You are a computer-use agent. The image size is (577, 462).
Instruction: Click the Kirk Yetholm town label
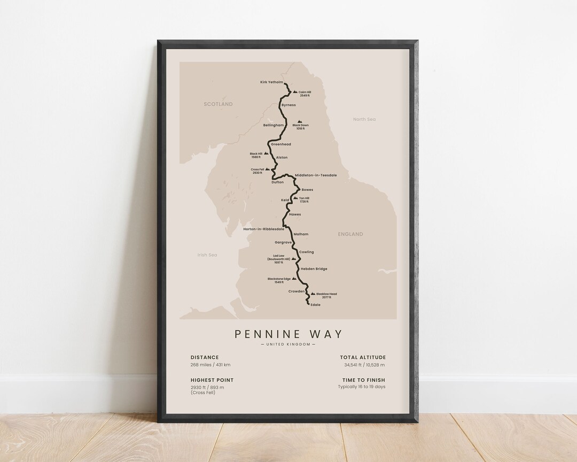271,82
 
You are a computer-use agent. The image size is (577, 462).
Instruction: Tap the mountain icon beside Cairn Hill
294,92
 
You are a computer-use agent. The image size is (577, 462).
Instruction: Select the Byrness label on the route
288,105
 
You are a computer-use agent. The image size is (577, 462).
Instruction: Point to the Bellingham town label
274,125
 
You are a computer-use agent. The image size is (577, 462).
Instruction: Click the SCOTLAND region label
218,104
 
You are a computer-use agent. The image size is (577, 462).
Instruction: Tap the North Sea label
364,119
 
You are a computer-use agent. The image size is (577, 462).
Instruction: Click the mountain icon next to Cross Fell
268,170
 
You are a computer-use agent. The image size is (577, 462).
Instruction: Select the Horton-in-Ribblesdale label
263,229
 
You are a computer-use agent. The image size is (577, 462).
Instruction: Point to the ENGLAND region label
350,234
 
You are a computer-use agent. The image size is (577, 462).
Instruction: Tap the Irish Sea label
207,255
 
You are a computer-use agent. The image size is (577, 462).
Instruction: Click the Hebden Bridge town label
314,269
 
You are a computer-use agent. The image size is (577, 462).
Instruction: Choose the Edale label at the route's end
315,305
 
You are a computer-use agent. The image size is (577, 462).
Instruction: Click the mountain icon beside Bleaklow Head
313,294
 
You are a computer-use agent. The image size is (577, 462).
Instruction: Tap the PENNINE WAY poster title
288,334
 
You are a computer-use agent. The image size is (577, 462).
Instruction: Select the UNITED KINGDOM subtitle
288,344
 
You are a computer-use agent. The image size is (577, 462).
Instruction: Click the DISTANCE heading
205,357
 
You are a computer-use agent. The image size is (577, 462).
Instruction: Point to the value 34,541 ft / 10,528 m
365,365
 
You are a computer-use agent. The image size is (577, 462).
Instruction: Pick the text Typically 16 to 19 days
362,387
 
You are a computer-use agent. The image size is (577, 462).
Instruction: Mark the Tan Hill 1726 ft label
304,200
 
